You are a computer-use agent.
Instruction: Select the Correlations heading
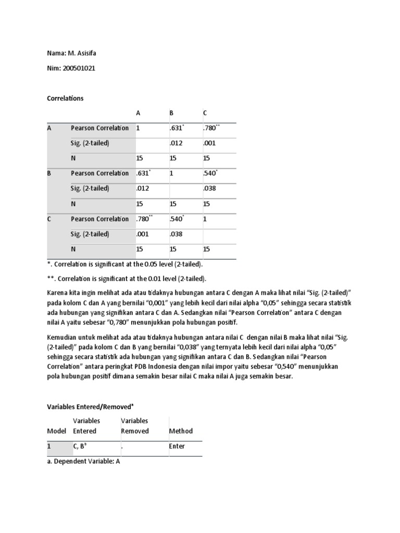(x=65, y=98)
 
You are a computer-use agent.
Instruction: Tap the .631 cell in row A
(x=176, y=128)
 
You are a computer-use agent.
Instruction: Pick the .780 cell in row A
(x=210, y=128)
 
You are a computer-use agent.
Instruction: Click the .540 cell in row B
(x=210, y=174)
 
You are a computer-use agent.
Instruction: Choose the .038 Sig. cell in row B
(x=209, y=188)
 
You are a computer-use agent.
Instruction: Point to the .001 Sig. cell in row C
(x=142, y=234)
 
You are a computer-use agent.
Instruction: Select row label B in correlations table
(x=49, y=173)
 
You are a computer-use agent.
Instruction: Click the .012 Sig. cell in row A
(x=176, y=143)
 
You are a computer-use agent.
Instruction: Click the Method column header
(x=181, y=431)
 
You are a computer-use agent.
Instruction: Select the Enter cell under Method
(x=177, y=446)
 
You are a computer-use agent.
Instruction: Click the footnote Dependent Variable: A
(x=83, y=461)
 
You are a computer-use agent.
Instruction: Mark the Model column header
(x=57, y=431)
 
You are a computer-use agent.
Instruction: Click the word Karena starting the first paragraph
(x=58, y=294)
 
